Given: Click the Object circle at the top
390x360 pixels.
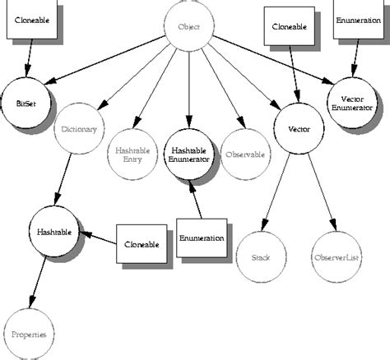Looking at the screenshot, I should [x=188, y=27].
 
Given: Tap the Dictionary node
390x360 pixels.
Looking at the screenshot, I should [x=79, y=129].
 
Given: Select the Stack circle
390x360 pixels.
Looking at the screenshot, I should [x=260, y=257].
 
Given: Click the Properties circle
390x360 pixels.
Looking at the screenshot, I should [x=28, y=335].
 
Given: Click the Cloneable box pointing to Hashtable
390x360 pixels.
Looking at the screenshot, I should [x=141, y=244].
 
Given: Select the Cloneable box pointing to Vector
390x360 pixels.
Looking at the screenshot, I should [x=289, y=26].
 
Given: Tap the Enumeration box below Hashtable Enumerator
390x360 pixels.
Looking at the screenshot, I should [x=201, y=238].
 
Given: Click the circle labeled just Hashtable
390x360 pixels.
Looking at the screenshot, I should [x=53, y=232].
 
